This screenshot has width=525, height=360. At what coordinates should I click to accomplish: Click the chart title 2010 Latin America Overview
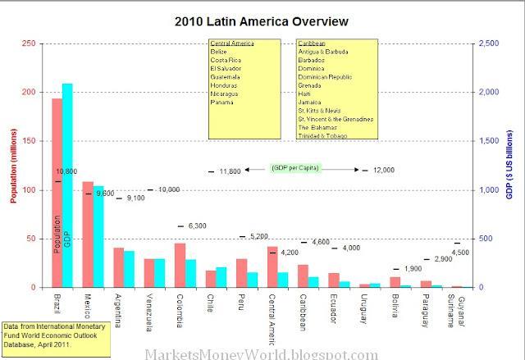click(261, 20)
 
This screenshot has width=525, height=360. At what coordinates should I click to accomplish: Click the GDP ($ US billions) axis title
click(509, 165)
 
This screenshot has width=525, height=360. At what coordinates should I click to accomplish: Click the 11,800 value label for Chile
click(231, 171)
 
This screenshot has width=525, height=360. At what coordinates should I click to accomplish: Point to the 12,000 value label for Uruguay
click(383, 170)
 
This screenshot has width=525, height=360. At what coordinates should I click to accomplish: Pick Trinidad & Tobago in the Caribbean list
click(324, 136)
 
